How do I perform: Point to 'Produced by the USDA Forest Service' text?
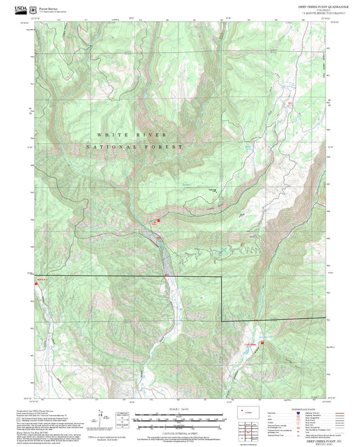pyautogui.click(x=33, y=409)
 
